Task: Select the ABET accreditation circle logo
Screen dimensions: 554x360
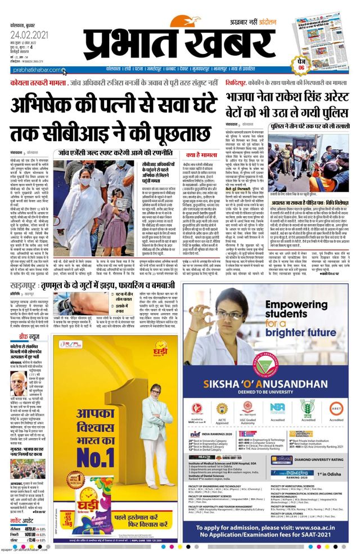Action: (337, 408)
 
